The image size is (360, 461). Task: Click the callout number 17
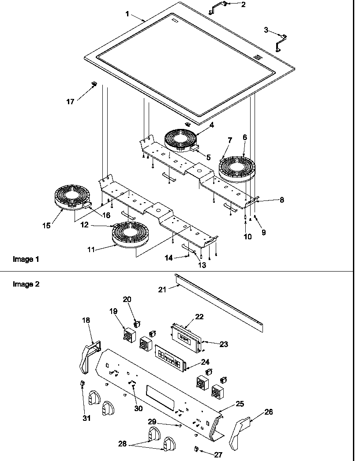(x=71, y=102)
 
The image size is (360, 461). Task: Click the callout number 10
(x=247, y=237)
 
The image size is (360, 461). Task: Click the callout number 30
(x=139, y=408)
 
